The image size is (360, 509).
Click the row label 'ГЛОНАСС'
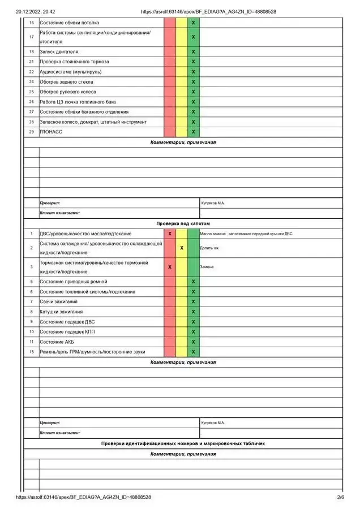coord(51,132)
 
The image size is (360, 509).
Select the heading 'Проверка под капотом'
coord(183,224)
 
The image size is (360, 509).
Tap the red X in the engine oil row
coord(170,234)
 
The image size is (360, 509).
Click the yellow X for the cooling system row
coord(182,248)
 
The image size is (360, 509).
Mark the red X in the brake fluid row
coord(170,267)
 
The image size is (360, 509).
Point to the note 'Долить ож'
coord(209,248)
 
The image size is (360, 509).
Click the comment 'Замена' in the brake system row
coord(207,267)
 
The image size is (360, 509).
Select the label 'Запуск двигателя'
coord(59,51)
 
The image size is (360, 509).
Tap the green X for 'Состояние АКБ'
coord(194,342)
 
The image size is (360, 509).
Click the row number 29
coord(31,132)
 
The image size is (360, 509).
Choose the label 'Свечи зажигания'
coord(58,301)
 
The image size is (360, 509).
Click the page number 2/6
coord(340,498)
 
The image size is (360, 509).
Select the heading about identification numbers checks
coord(183,443)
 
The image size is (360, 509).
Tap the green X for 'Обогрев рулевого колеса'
coord(194,92)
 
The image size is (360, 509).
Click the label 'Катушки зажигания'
coord(61,312)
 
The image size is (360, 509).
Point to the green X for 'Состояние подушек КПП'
coord(194,331)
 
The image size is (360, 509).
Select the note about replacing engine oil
coord(246,234)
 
